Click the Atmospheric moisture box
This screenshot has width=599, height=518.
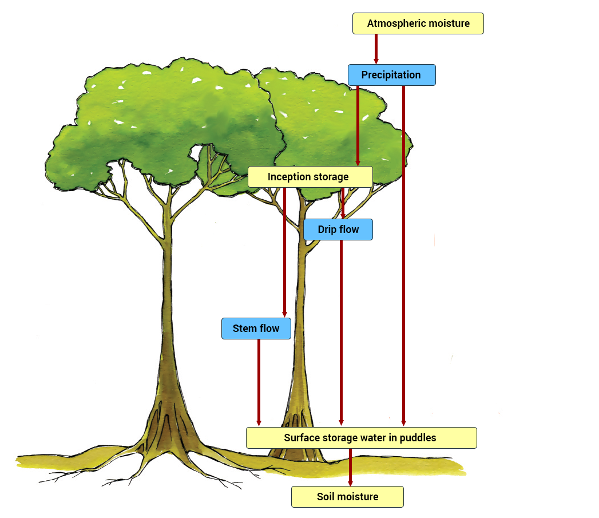pos(418,23)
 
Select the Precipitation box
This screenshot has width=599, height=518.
pos(391,75)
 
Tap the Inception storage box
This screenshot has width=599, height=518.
pos(310,177)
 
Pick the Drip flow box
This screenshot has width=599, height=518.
pos(338,230)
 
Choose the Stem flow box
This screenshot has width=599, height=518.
pos(256,329)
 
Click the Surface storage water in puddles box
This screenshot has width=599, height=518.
pos(360,438)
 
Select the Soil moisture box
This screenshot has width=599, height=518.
pos(347,497)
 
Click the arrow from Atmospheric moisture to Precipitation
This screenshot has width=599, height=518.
pos(376,49)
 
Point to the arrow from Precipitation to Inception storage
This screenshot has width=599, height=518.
pos(358,126)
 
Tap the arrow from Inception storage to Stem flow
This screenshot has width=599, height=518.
pos(284,252)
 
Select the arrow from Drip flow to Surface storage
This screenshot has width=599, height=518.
pos(341,332)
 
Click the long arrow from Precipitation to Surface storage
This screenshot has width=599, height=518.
pos(403,258)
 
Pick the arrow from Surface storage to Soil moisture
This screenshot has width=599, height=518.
pos(350,467)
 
